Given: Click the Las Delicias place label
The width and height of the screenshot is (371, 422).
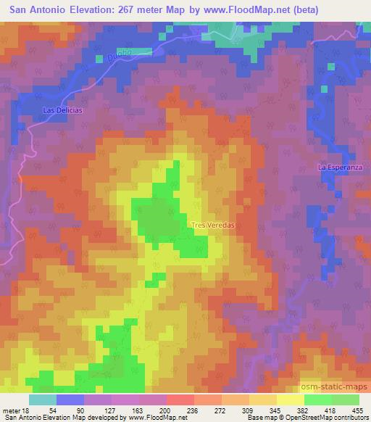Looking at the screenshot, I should point(64,109).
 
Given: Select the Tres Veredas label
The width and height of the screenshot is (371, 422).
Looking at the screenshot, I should point(213,226).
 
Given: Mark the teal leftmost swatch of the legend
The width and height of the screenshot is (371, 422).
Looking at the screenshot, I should point(43,399).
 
